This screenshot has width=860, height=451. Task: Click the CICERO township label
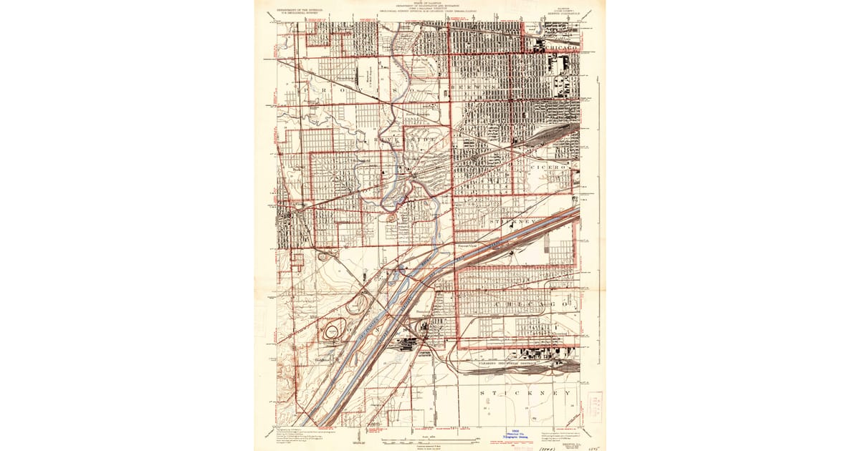click(x=551, y=166)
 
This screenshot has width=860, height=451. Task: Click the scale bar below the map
click(x=429, y=437)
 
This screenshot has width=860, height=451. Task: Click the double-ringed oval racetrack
click(x=333, y=332)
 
